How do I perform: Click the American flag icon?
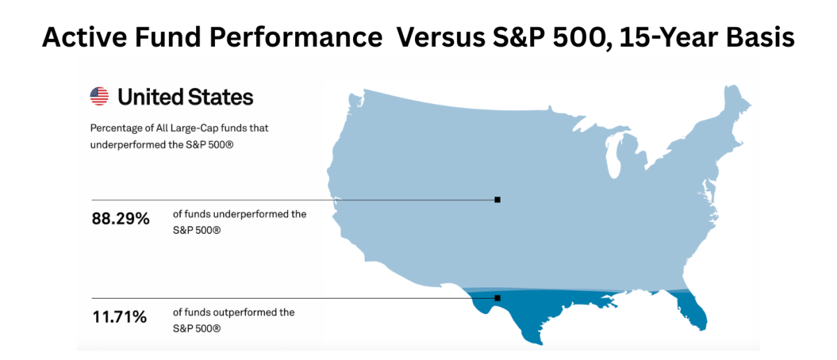(x=99, y=96)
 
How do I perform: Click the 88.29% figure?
(x=121, y=219)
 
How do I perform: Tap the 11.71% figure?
(x=119, y=317)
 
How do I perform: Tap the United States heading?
(x=186, y=97)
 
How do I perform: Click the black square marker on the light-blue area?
(x=497, y=200)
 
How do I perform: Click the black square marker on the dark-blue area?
(x=497, y=298)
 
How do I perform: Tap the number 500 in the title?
(x=575, y=37)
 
